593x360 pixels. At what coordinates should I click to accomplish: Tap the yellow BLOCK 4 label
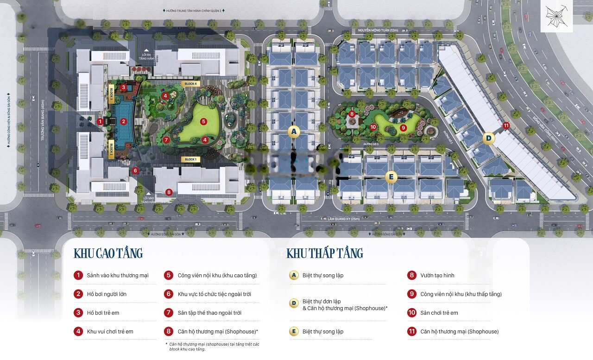pos(190,84)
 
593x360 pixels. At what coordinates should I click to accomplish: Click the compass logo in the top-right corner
pos(556,16)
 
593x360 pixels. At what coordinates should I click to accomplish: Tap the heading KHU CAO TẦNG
pos(108,253)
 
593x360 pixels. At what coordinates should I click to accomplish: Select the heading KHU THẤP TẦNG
pos(325,253)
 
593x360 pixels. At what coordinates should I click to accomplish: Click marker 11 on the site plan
pos(506,126)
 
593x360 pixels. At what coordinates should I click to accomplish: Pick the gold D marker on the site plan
pos(488,138)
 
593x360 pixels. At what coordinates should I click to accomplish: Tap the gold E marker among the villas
pos(391,176)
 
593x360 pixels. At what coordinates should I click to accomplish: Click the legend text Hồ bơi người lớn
pos(107,294)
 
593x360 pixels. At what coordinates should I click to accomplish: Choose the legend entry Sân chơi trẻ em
pos(439,313)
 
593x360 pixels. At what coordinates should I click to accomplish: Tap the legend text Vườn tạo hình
pos(437,275)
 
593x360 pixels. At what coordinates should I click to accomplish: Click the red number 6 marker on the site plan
pos(135,171)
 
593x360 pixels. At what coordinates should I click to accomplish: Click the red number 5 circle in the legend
pos(169,275)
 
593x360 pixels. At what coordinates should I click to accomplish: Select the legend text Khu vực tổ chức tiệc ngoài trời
pos(214,294)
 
